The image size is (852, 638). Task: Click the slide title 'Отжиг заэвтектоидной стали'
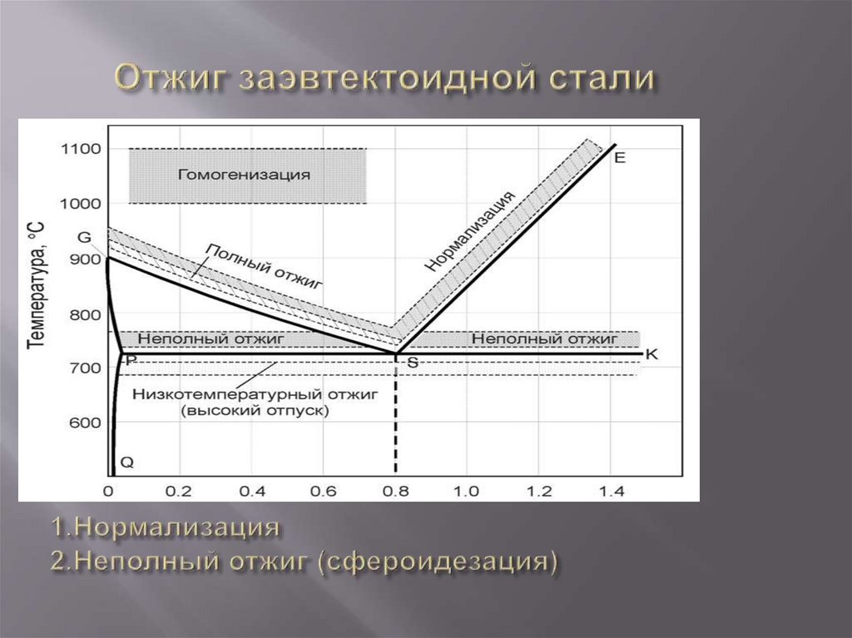click(384, 80)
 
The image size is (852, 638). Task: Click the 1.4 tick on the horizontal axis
click(612, 491)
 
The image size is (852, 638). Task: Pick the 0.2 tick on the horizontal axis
click(179, 491)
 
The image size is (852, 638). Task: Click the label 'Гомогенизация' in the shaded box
click(245, 176)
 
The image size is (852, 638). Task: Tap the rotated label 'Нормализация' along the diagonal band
click(470, 231)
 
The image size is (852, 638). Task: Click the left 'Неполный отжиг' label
click(211, 339)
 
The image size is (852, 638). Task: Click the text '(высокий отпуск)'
click(255, 410)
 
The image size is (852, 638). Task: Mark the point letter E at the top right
click(619, 157)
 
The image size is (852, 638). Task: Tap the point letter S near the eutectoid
click(412, 363)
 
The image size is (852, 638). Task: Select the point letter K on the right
click(651, 354)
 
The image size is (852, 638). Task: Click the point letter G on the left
click(84, 238)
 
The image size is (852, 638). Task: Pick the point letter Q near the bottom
click(126, 461)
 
